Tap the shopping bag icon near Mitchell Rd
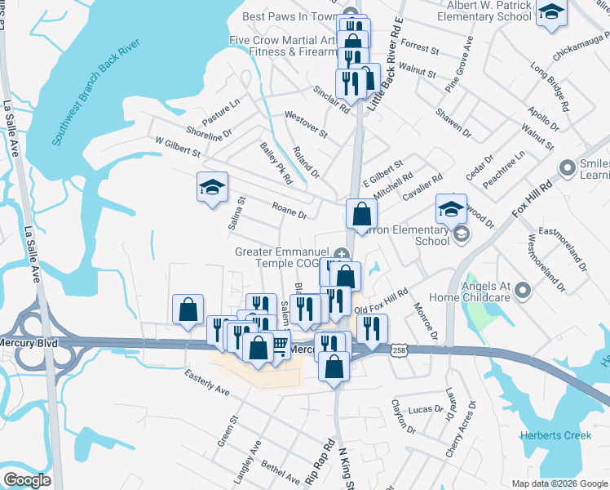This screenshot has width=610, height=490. (x=361, y=214)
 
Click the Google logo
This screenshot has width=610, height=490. (x=26, y=480)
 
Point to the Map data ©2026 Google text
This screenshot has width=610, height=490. (x=559, y=483)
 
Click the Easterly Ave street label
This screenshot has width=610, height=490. (x=207, y=385)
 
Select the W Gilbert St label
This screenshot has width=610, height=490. (x=178, y=146)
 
